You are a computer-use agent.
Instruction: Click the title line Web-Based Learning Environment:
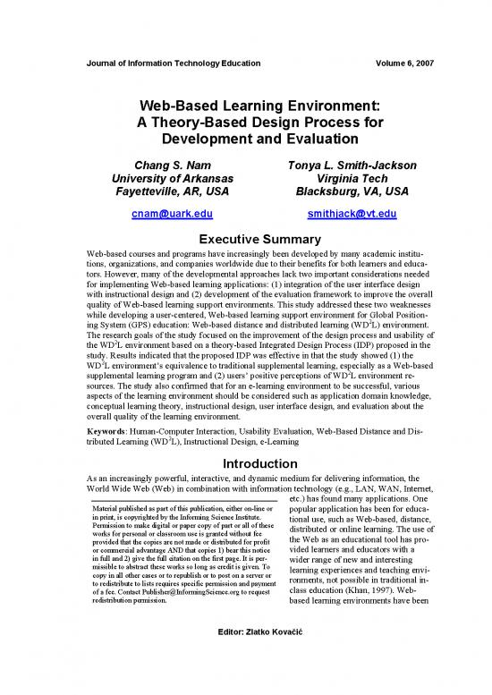[x=245, y=106]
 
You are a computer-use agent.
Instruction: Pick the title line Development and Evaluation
[x=245, y=140]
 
